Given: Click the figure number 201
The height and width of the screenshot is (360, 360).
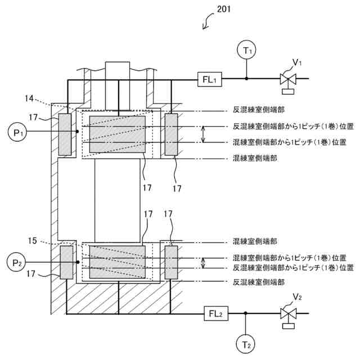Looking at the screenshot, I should point(223,9).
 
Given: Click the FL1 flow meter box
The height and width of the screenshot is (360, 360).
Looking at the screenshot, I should point(210,80).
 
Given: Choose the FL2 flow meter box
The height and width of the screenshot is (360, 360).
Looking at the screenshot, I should point(218,313).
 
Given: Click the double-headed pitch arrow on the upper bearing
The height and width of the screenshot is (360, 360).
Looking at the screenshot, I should point(204,134).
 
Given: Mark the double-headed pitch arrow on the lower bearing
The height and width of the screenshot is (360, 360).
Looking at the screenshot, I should point(204,262).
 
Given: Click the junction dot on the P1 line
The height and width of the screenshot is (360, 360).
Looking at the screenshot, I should point(77,132).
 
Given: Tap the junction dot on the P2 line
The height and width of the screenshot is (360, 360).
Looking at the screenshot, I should point(77,262).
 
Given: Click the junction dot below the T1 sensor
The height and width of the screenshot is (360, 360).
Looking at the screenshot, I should point(246,80).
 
